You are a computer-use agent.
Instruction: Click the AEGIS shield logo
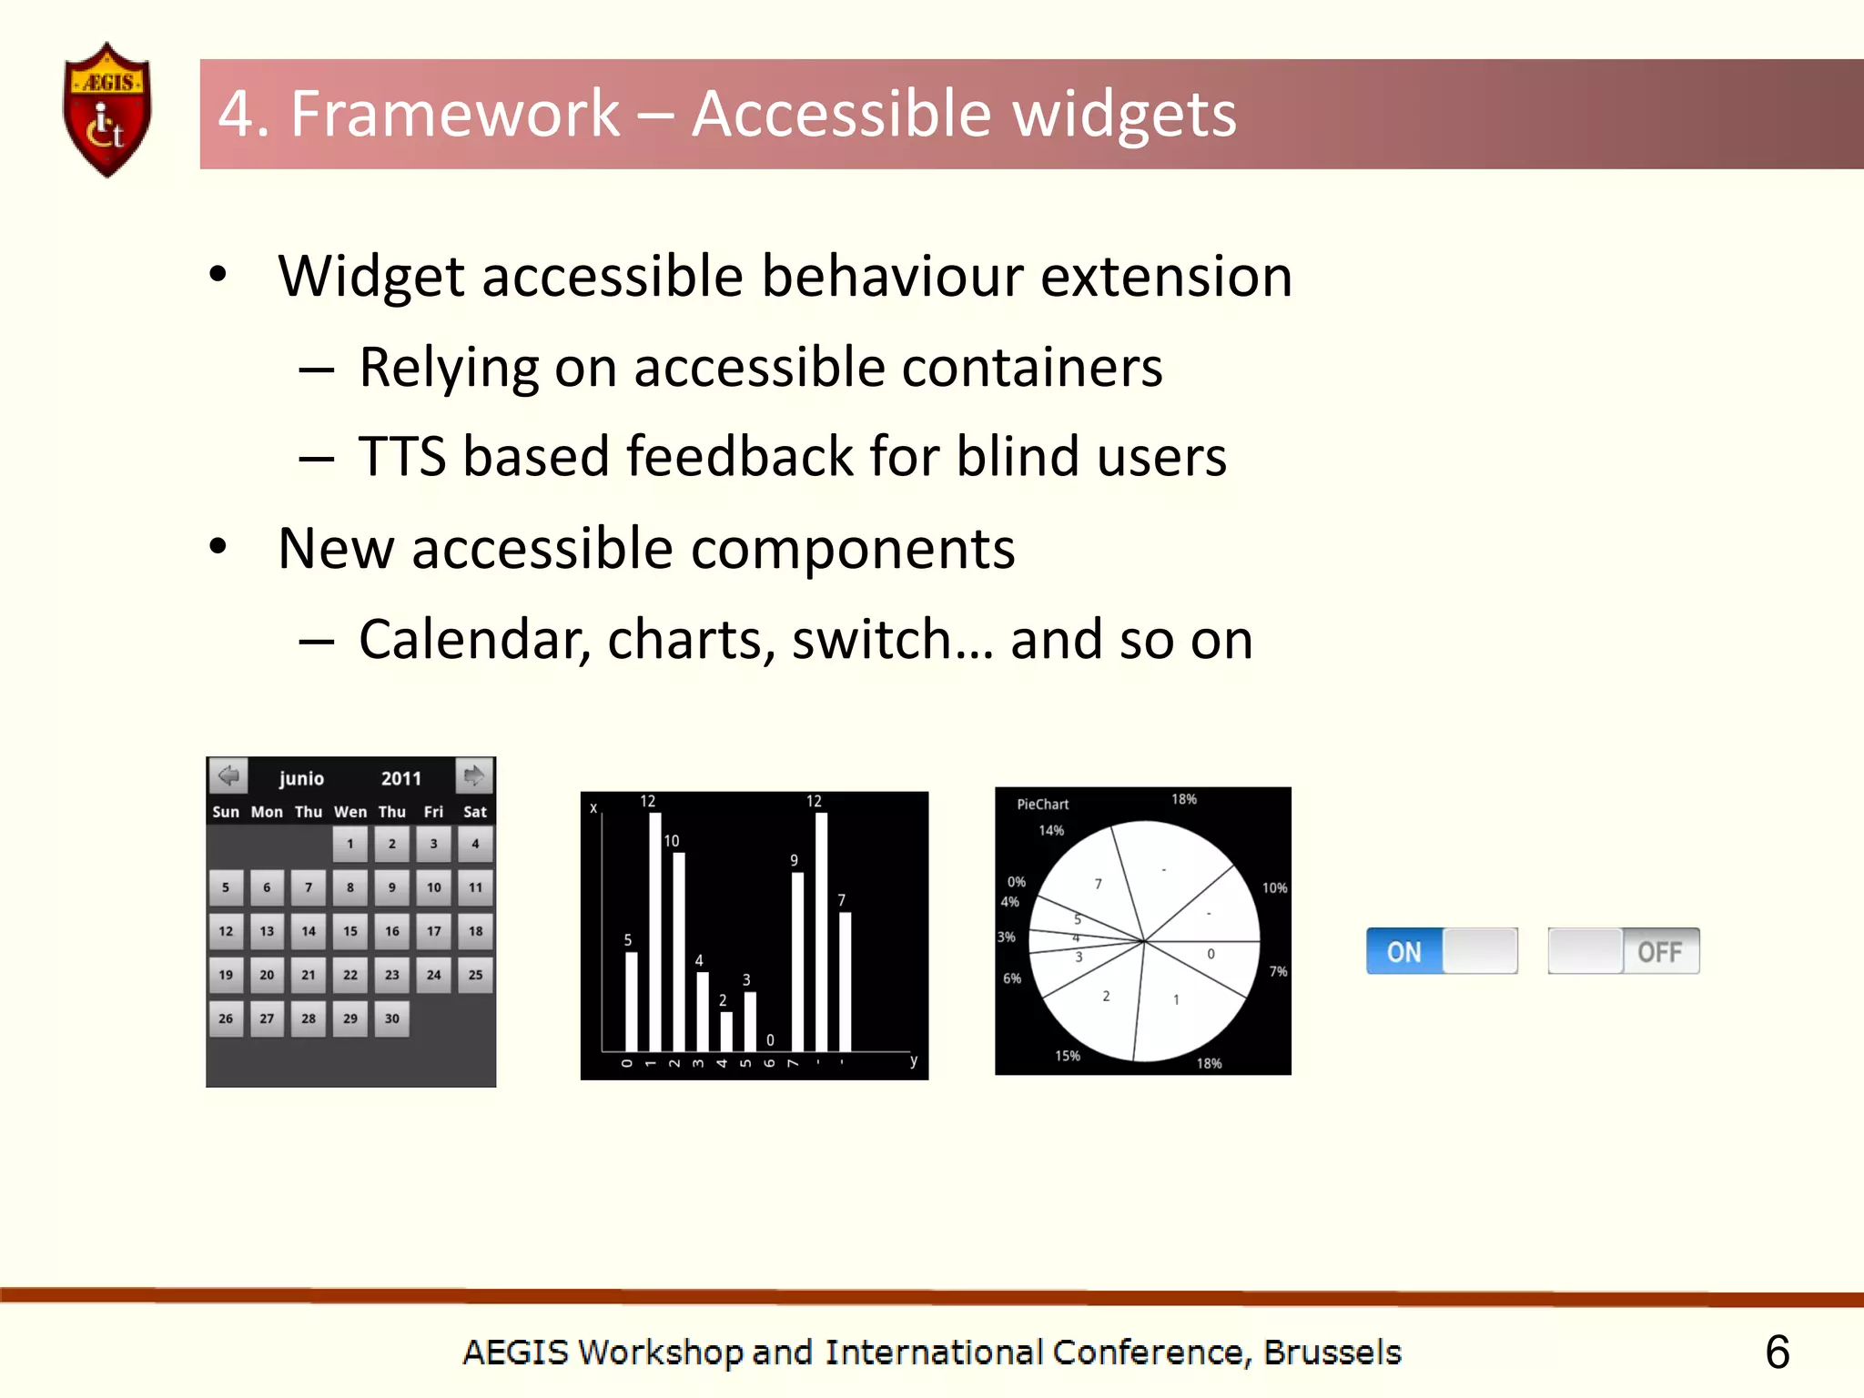(x=106, y=110)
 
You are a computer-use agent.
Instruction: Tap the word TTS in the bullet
(x=401, y=456)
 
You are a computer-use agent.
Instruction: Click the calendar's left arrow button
(x=228, y=776)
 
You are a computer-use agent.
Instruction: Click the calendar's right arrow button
(x=474, y=776)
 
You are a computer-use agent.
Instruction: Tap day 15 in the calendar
(x=350, y=931)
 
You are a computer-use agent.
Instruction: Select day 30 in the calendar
(x=391, y=1018)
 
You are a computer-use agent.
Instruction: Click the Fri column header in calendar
(x=433, y=812)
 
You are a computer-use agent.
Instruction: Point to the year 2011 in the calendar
(x=400, y=778)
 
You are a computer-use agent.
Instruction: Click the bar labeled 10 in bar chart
(x=678, y=951)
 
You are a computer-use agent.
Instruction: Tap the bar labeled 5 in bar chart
(x=632, y=1001)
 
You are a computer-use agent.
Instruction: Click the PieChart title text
(x=1042, y=805)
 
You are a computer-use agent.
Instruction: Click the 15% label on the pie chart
(x=1067, y=1056)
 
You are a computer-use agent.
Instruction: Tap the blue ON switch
(x=1404, y=952)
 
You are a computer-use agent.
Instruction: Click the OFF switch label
(x=1659, y=952)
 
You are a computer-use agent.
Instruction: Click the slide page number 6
(x=1777, y=1352)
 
